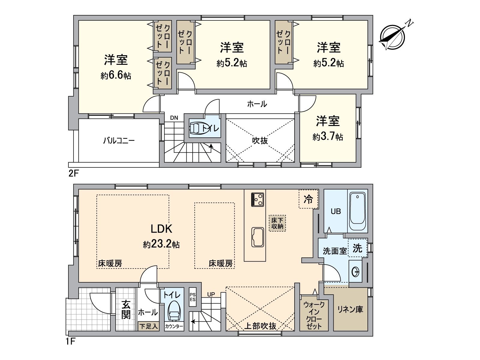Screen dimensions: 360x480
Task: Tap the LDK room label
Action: (x=161, y=229)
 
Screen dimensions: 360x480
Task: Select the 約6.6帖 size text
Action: (x=116, y=75)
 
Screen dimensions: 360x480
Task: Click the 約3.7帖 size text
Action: (x=328, y=137)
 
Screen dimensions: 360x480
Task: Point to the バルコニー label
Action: (x=119, y=140)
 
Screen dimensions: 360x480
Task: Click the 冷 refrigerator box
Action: (x=308, y=199)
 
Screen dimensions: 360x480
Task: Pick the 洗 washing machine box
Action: (x=357, y=248)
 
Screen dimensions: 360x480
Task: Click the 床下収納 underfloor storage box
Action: (x=277, y=223)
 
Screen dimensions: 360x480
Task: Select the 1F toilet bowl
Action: (x=174, y=312)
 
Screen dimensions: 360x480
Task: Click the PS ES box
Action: (x=193, y=297)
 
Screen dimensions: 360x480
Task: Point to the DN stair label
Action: (x=174, y=118)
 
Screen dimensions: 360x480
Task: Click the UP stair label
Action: (x=211, y=294)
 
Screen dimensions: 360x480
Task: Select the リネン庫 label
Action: (x=350, y=309)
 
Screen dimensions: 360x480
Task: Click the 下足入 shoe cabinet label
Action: (x=148, y=326)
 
